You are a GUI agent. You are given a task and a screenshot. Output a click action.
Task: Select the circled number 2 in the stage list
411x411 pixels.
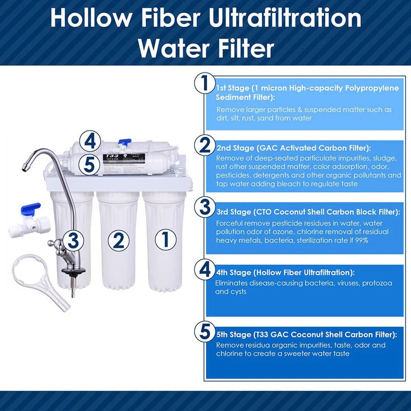click(x=205, y=145)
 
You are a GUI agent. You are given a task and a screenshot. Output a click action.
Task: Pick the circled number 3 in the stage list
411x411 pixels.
click(x=205, y=207)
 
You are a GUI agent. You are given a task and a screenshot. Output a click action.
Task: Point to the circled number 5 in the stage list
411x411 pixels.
click(x=205, y=332)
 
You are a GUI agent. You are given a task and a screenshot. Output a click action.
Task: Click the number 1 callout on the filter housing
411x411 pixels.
click(x=165, y=239)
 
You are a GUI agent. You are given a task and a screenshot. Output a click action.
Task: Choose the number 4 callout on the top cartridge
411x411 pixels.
click(x=90, y=140)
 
